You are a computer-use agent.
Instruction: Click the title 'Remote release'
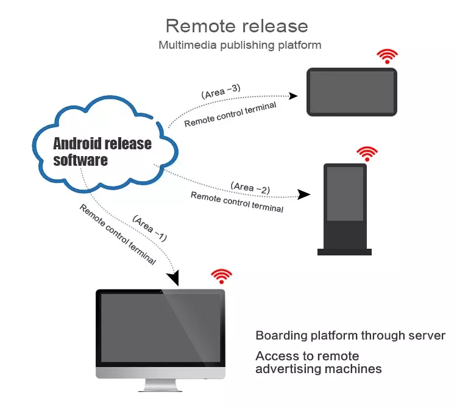(236, 26)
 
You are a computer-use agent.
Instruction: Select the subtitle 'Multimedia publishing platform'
(240, 45)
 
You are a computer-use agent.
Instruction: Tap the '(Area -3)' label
(221, 91)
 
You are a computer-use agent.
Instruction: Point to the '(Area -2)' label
(250, 188)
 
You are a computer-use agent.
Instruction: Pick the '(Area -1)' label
(150, 229)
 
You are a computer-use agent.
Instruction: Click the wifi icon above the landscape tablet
(387, 56)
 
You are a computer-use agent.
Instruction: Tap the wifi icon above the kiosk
(367, 154)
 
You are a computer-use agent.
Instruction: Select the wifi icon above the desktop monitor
(222, 276)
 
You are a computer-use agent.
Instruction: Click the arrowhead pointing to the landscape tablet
(292, 96)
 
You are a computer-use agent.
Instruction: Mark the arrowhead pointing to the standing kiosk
(303, 194)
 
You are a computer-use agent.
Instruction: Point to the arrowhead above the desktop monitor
(173, 277)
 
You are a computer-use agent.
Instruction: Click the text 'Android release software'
(102, 152)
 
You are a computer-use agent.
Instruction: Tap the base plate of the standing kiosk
(344, 252)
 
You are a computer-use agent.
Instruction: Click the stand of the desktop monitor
(160, 385)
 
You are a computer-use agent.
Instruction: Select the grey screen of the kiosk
(345, 194)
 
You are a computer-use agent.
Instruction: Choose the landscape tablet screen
(352, 92)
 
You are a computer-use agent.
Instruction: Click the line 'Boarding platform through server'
(350, 336)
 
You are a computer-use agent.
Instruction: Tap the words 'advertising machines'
(319, 369)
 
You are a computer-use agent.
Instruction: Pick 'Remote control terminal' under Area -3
(230, 115)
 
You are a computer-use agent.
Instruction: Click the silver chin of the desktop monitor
(161, 372)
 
